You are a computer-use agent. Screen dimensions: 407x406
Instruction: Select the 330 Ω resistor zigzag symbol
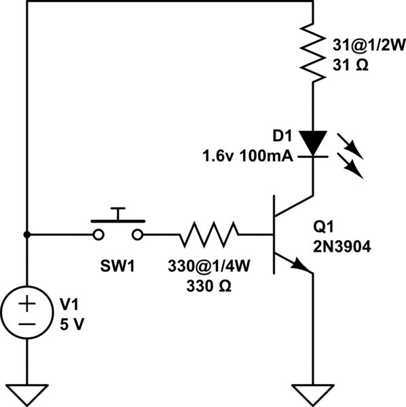click(209, 235)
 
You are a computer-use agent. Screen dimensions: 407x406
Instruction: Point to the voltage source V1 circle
click(26, 313)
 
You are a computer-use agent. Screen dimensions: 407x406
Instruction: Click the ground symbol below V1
click(26, 393)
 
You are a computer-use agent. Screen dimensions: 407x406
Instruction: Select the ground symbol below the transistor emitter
click(313, 393)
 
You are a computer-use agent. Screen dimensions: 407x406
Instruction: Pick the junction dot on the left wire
click(26, 235)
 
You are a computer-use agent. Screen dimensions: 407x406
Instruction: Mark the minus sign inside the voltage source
click(26, 324)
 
